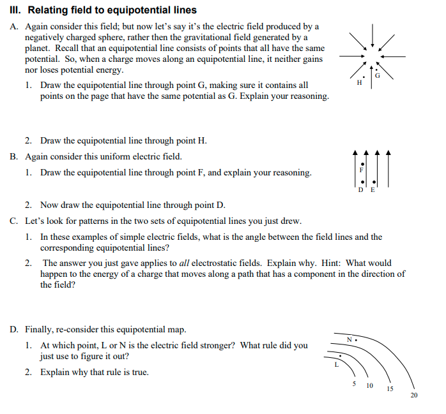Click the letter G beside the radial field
point(377,75)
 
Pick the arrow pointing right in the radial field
point(349,56)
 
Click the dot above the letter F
point(362,164)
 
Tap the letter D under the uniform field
point(361,191)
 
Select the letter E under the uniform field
point(373,191)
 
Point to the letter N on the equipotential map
point(349,339)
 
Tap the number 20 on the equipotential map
point(413,396)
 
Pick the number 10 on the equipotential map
point(369,386)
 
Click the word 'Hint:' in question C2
point(334,263)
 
